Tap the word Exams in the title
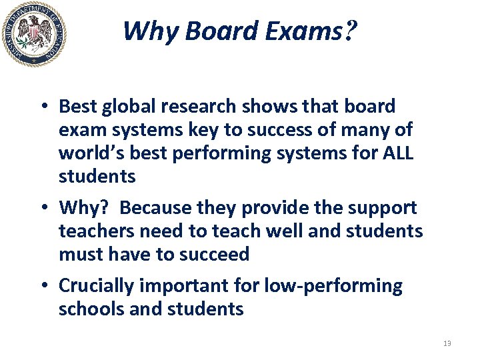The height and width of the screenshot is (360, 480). click(307, 31)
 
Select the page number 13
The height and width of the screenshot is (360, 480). click(447, 343)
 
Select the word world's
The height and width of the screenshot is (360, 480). click(88, 153)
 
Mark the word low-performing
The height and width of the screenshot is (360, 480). click(333, 286)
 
